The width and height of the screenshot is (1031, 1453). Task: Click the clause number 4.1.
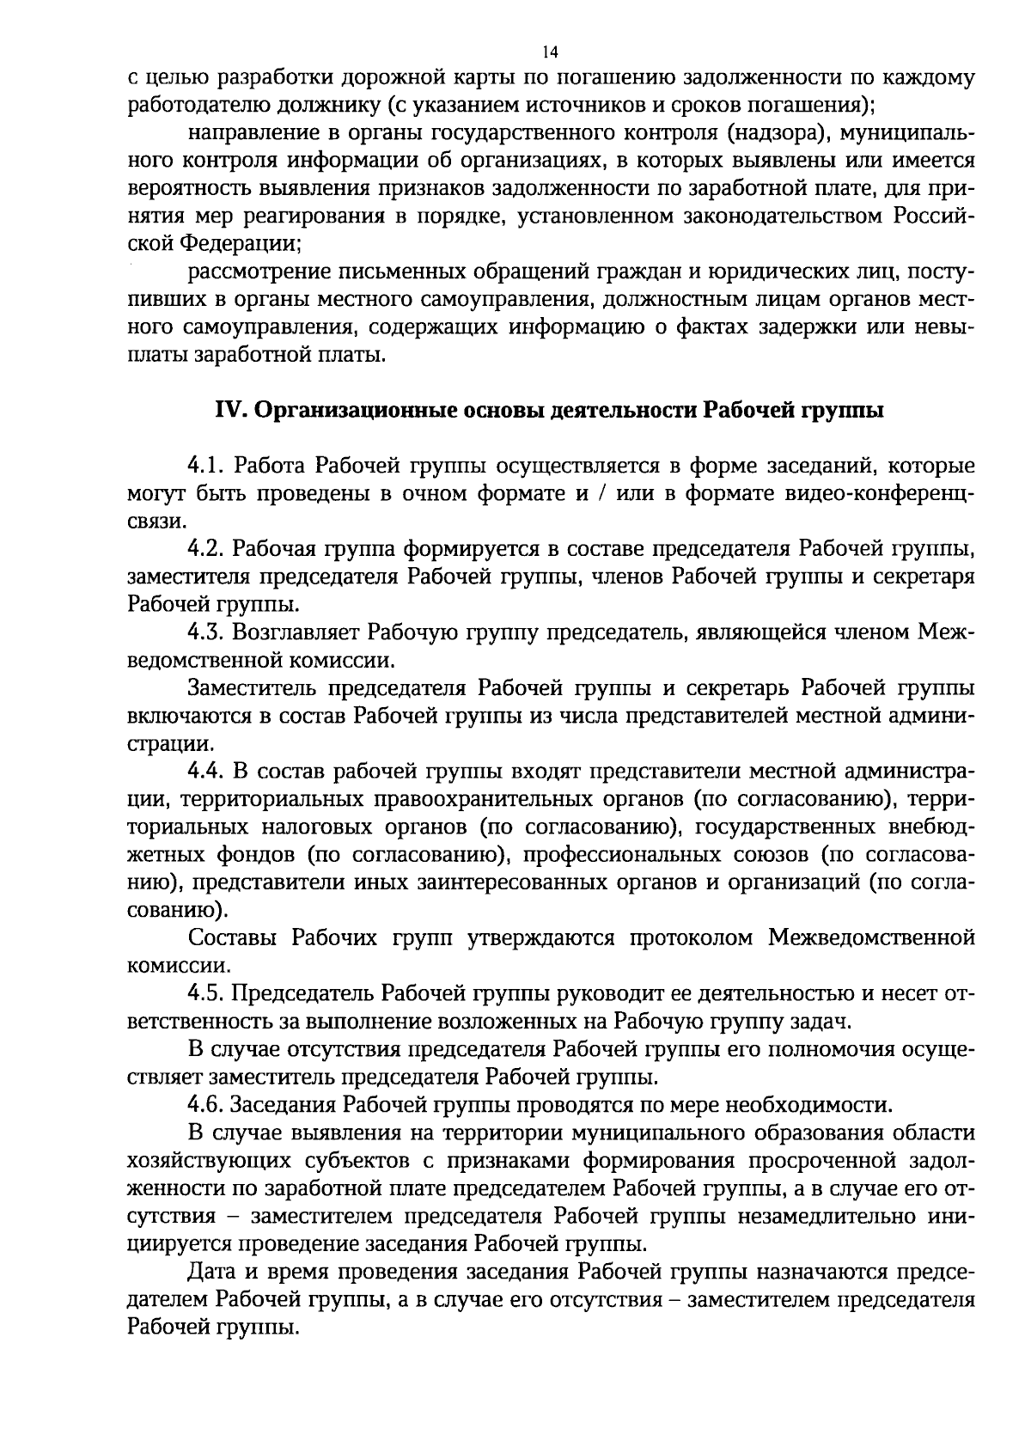[x=205, y=467]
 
